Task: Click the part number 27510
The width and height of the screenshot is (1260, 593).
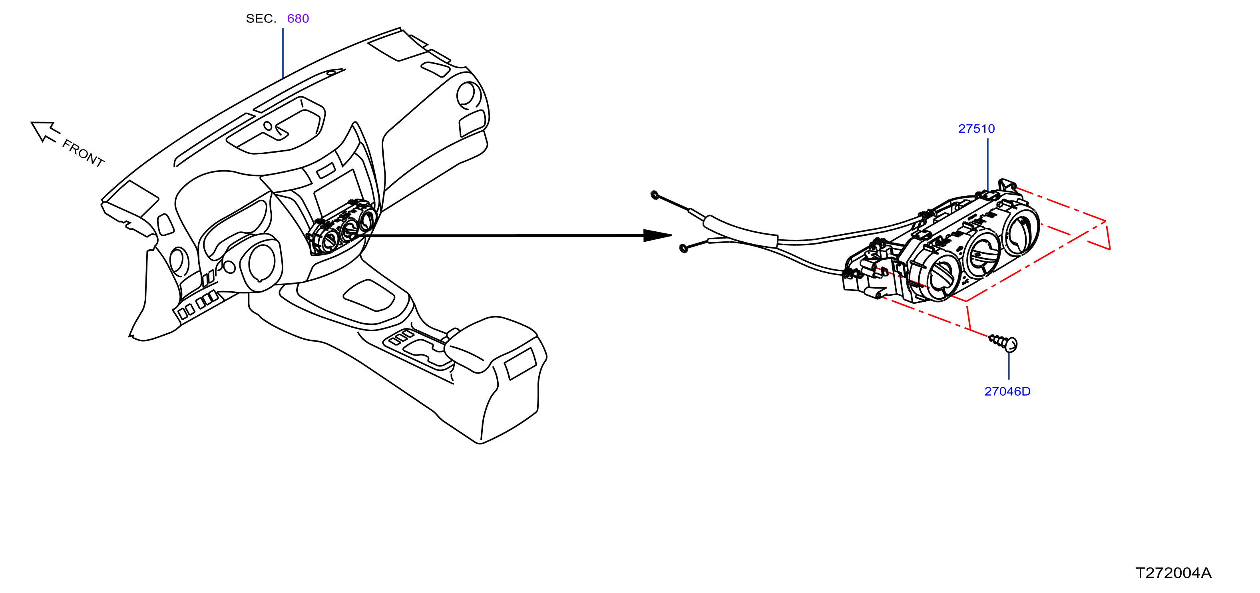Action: [x=976, y=129]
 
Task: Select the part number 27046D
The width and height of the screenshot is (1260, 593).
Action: [x=1007, y=392]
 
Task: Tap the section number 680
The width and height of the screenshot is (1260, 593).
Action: [x=298, y=19]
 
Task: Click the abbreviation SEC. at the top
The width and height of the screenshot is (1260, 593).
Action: [x=261, y=19]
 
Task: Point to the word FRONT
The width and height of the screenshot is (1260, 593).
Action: [x=83, y=153]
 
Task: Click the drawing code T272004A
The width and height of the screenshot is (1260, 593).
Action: [x=1173, y=573]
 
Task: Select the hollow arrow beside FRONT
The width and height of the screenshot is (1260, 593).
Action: [x=44, y=131]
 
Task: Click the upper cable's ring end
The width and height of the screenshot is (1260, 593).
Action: [x=655, y=195]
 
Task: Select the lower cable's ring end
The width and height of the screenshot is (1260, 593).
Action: [x=684, y=249]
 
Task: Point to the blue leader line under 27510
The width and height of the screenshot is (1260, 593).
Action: [x=987, y=164]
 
